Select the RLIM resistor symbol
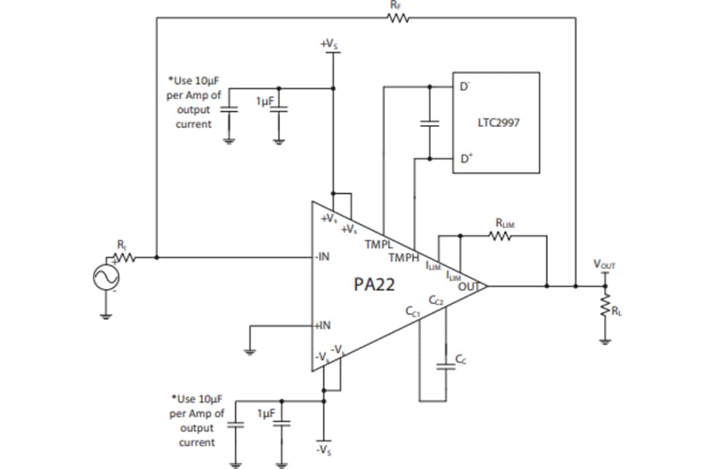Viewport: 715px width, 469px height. pyautogui.click(x=501, y=235)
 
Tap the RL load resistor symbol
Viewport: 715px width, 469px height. pyautogui.click(x=604, y=306)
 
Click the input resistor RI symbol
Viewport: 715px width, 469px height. pyautogui.click(x=126, y=257)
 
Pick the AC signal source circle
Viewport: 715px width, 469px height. pyautogui.click(x=106, y=277)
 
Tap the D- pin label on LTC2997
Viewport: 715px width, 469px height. pyautogui.click(x=465, y=87)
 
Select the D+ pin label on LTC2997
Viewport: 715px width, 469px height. pyautogui.click(x=466, y=159)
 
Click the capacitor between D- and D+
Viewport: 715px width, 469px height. pyautogui.click(x=430, y=123)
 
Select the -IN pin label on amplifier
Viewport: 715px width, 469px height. pyautogui.click(x=323, y=257)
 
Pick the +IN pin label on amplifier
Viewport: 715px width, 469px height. pyautogui.click(x=323, y=325)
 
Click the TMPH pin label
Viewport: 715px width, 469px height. pyautogui.click(x=404, y=257)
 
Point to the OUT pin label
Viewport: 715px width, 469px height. pyautogui.click(x=468, y=286)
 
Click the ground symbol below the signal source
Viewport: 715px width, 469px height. pyautogui.click(x=106, y=316)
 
